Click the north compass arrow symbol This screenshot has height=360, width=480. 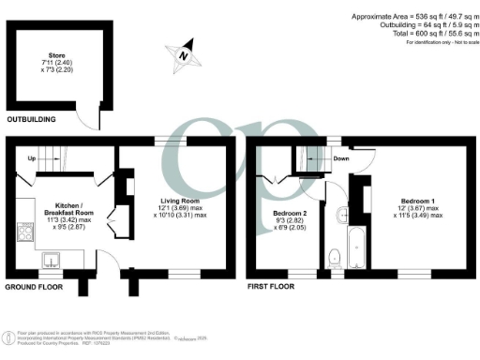point(184,54)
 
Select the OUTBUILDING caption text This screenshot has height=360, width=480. point(31,120)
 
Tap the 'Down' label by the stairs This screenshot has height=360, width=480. point(341,158)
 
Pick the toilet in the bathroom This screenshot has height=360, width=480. point(336,254)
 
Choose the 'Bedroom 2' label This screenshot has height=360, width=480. point(287,214)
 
